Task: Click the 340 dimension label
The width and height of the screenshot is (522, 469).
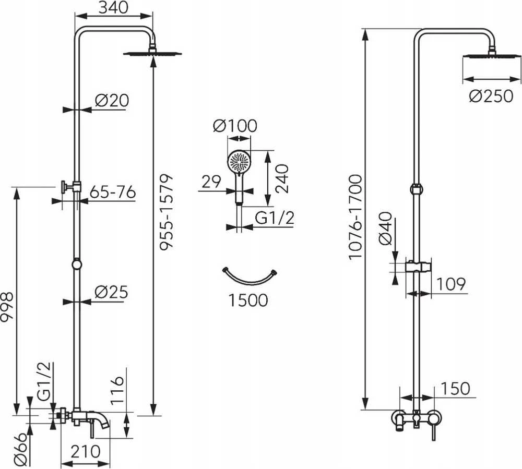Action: click(113, 8)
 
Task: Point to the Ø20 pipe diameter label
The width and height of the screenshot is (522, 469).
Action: click(112, 101)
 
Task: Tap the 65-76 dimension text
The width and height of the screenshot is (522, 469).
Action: click(113, 193)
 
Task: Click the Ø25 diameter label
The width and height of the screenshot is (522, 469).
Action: click(111, 292)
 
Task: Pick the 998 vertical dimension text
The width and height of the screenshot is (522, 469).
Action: click(7, 307)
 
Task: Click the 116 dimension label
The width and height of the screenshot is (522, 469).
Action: click(117, 391)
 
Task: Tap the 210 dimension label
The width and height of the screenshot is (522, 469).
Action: click(85, 452)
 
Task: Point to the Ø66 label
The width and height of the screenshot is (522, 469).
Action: click(21, 449)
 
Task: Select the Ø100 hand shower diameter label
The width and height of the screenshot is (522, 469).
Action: click(235, 126)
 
